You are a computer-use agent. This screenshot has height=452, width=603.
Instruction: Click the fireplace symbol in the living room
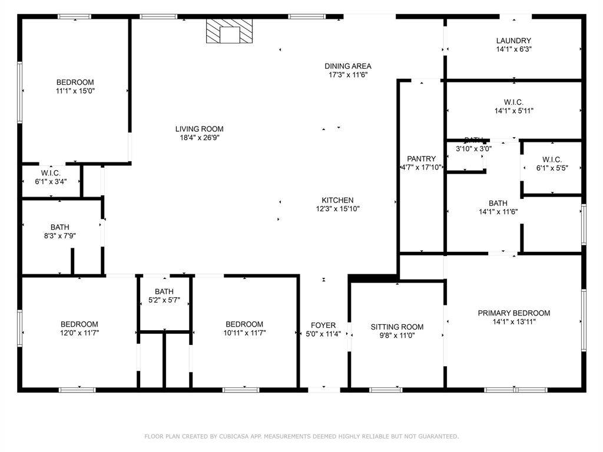pyautogui.click(x=230, y=32)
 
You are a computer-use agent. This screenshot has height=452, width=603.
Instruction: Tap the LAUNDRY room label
pyautogui.click(x=513, y=41)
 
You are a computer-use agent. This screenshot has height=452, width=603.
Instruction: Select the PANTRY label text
pyautogui.click(x=422, y=159)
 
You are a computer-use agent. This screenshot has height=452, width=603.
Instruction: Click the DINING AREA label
pyautogui.click(x=348, y=66)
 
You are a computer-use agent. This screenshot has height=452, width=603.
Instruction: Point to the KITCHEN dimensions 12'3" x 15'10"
pyautogui.click(x=337, y=209)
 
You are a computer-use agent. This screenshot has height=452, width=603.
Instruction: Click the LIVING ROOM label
pyautogui.click(x=199, y=129)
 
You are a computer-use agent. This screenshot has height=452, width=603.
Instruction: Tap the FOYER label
pyautogui.click(x=323, y=325)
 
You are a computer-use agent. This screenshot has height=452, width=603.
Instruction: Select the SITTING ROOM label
pyautogui.click(x=397, y=327)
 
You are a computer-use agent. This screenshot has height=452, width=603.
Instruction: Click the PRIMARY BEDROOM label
pyautogui.click(x=513, y=313)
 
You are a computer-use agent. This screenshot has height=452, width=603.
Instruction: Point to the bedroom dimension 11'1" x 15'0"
pyautogui.click(x=75, y=91)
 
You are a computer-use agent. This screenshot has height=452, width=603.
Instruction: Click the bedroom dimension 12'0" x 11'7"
pyautogui.click(x=79, y=333)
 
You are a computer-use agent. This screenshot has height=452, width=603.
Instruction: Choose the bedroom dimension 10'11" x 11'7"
pyautogui.click(x=244, y=333)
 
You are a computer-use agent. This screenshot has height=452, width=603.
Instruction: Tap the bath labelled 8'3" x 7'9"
pyautogui.click(x=59, y=227)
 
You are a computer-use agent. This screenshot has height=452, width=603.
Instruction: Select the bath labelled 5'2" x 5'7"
pyautogui.click(x=164, y=292)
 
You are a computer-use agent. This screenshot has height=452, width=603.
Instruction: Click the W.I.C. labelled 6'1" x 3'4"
pyautogui.click(x=51, y=173)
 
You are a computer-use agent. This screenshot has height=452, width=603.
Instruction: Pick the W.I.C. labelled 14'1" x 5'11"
pyautogui.click(x=513, y=102)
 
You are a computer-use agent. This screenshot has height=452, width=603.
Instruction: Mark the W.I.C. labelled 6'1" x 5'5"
pyautogui.click(x=552, y=159)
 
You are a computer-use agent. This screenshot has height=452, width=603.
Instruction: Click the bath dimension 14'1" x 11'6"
pyautogui.click(x=498, y=212)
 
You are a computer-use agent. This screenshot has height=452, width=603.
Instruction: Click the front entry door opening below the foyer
pyautogui.click(x=324, y=388)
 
